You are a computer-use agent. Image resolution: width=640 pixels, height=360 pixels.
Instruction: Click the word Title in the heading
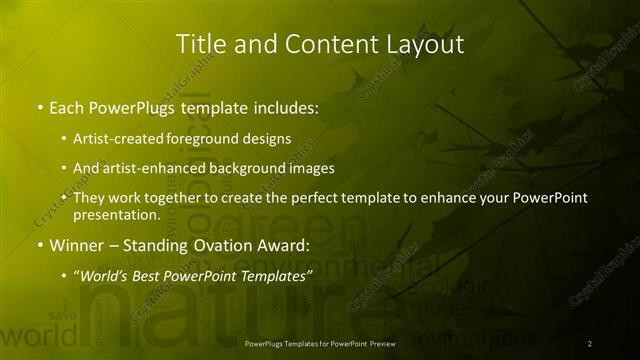click(199, 44)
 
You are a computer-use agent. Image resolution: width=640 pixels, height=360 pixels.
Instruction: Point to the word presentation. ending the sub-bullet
click(116, 214)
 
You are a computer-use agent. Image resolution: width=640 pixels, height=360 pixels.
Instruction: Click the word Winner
click(76, 245)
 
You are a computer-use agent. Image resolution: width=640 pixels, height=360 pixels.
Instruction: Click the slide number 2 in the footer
click(590, 344)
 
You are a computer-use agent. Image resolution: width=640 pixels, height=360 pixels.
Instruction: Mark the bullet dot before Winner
click(39, 245)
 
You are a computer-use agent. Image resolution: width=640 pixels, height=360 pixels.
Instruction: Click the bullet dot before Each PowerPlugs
click(39, 105)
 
